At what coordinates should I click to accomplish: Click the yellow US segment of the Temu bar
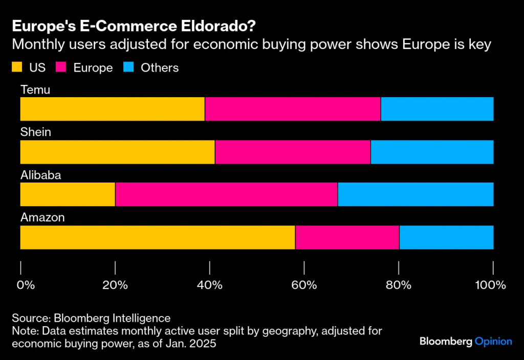(x=112, y=109)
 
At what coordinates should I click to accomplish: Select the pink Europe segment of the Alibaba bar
(x=226, y=194)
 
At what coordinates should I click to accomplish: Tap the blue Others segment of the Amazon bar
(x=446, y=237)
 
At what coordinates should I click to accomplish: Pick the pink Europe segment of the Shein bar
(x=293, y=152)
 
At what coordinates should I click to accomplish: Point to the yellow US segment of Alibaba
(x=68, y=194)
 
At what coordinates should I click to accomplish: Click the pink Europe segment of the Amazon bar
(x=347, y=237)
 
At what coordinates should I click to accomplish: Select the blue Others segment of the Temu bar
(x=437, y=109)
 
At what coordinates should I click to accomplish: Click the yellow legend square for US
(x=17, y=67)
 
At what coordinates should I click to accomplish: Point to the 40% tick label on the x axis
(x=209, y=285)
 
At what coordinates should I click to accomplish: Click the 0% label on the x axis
(x=26, y=285)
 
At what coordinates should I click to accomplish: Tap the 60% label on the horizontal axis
(x=304, y=285)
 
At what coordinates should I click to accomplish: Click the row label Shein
(x=35, y=132)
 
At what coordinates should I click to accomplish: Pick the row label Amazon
(x=42, y=218)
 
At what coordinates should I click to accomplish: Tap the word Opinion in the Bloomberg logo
(x=493, y=341)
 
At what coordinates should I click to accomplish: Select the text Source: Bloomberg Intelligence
(x=91, y=318)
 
